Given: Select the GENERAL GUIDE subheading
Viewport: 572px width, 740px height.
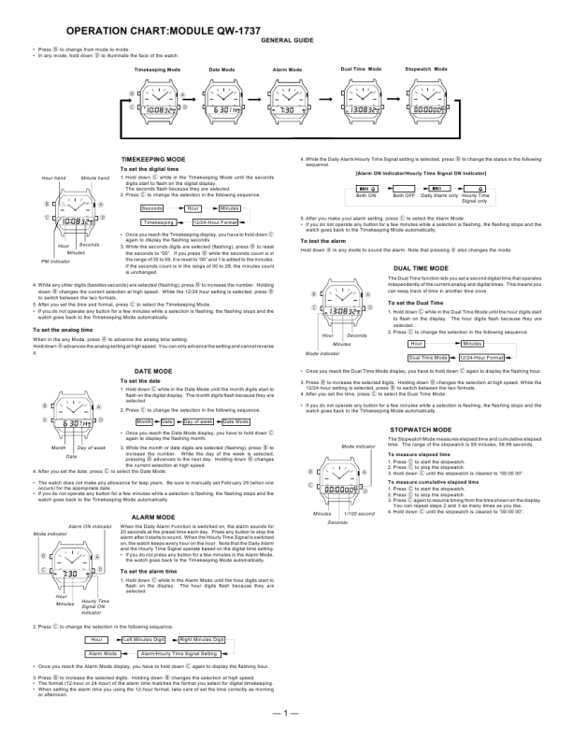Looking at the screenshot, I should pos(287,42).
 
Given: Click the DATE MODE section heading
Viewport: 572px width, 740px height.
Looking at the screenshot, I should pos(154,346).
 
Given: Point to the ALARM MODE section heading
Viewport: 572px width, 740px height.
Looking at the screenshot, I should pos(155,516).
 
